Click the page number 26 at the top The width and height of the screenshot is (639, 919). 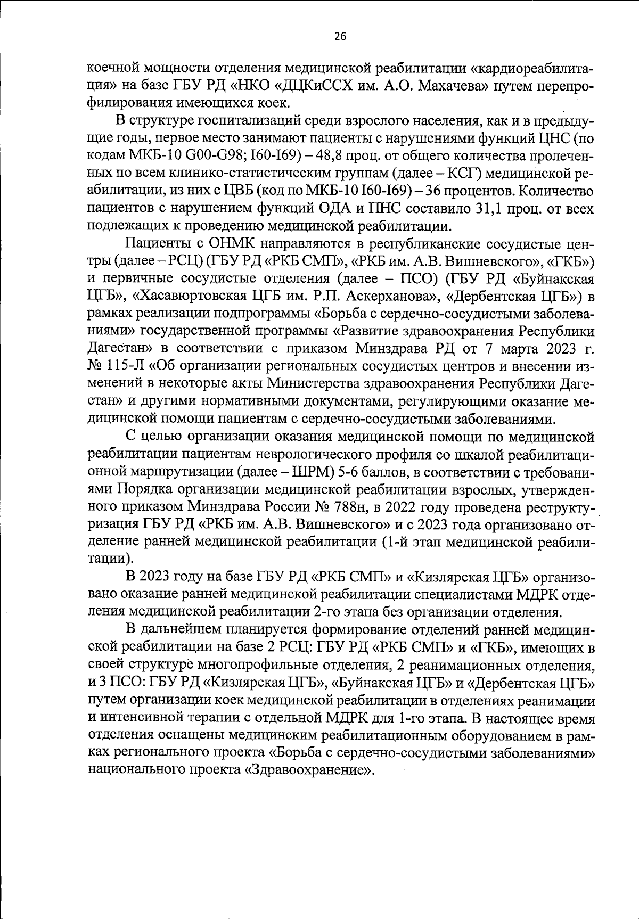(340, 37)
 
